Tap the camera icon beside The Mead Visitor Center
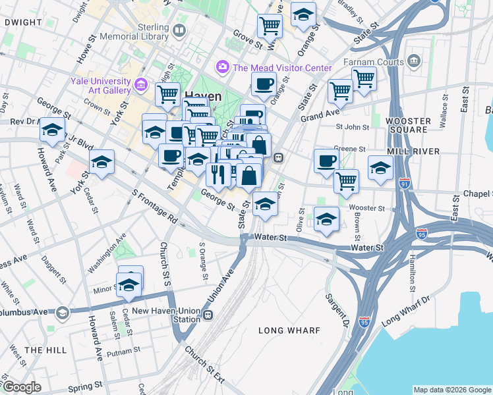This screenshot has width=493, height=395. (x=222, y=67)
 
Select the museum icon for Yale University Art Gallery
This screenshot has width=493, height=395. (x=140, y=84)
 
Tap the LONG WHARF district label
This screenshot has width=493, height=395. (x=289, y=330)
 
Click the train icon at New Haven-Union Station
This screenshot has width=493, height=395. (x=208, y=314)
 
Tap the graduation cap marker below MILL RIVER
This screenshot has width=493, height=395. (x=380, y=169)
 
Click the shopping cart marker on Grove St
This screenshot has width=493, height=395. (x=270, y=26)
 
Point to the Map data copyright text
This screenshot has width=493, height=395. (x=451, y=390)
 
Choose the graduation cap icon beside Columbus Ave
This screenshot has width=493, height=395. (x=63, y=311)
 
